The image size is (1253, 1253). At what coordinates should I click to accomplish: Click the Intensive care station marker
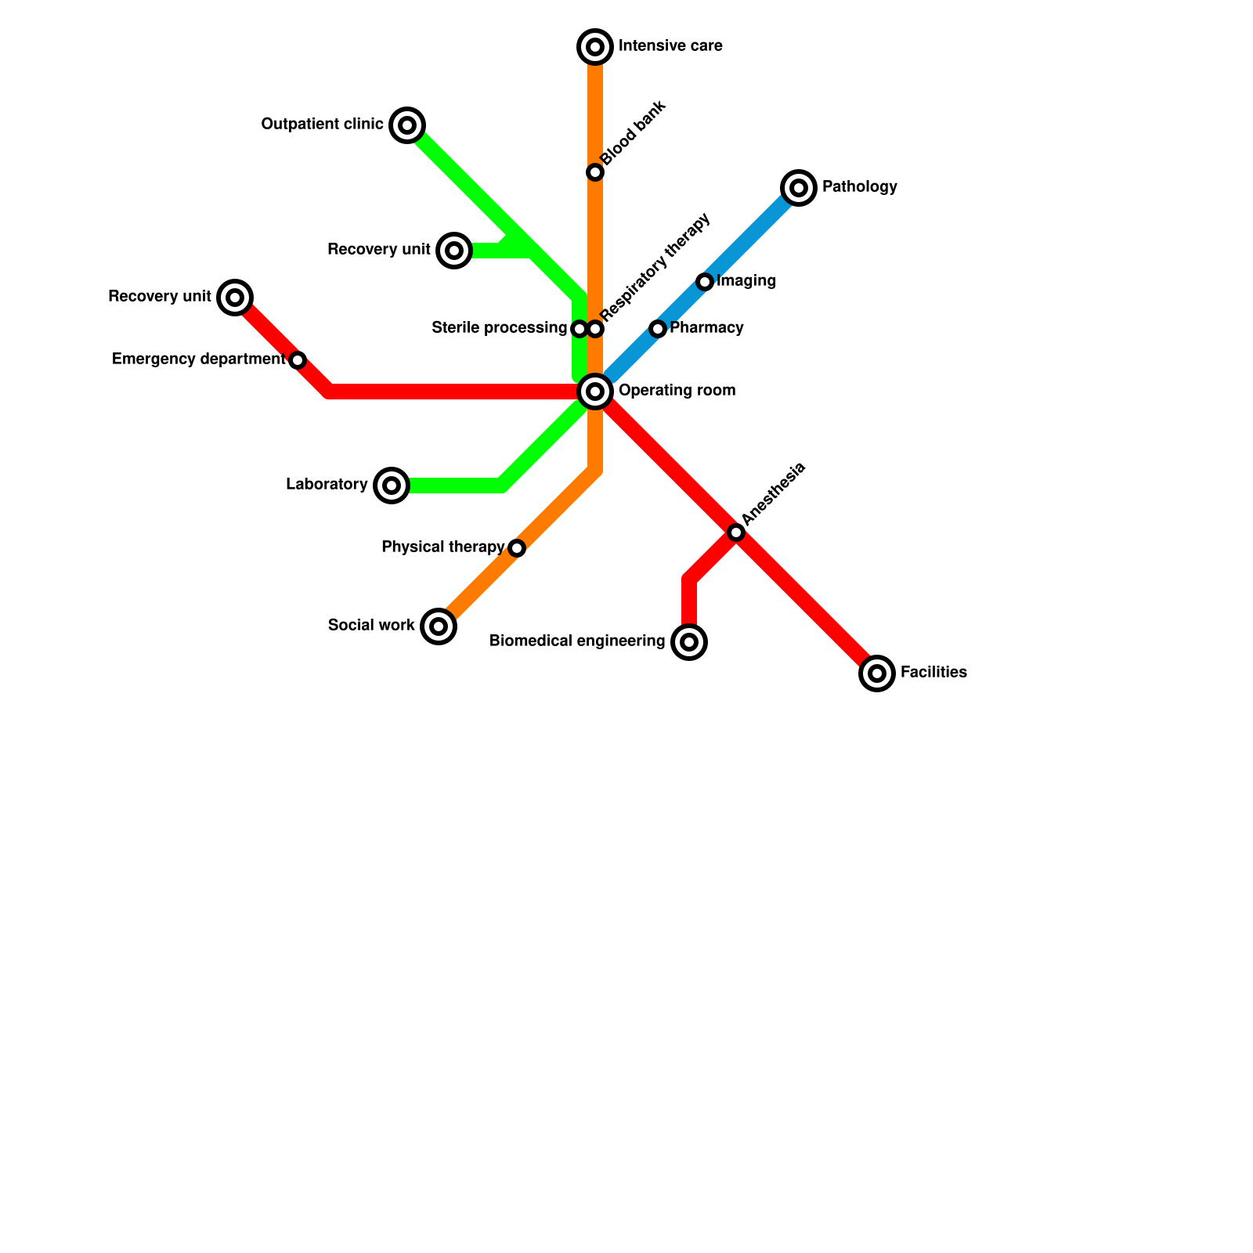click(595, 47)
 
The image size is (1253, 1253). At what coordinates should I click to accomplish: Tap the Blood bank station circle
click(595, 172)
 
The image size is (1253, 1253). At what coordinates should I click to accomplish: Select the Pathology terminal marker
click(799, 188)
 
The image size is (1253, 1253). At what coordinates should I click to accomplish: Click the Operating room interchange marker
click(595, 392)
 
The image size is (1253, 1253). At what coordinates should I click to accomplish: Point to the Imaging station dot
click(705, 282)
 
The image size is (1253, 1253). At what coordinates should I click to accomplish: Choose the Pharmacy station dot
click(658, 329)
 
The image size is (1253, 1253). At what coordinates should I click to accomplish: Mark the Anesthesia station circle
click(736, 533)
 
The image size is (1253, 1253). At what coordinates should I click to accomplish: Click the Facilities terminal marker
click(877, 673)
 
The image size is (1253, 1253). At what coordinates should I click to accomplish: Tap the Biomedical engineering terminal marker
click(689, 642)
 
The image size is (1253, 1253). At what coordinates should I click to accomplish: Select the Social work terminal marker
click(439, 626)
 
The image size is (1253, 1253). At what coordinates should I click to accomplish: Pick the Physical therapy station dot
click(517, 548)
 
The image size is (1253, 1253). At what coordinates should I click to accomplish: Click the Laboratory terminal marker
click(392, 486)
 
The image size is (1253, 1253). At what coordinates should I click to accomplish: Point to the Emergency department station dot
click(298, 360)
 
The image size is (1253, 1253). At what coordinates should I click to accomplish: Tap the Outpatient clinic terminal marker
click(407, 125)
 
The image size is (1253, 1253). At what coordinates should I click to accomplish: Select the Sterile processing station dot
click(580, 329)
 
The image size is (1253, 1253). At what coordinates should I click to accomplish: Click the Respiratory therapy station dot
click(596, 329)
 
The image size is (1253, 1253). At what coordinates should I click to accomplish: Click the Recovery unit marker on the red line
click(235, 298)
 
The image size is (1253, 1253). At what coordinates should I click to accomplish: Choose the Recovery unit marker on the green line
click(454, 251)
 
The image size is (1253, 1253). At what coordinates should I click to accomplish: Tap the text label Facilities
click(933, 673)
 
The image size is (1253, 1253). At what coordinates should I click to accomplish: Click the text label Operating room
click(677, 391)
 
